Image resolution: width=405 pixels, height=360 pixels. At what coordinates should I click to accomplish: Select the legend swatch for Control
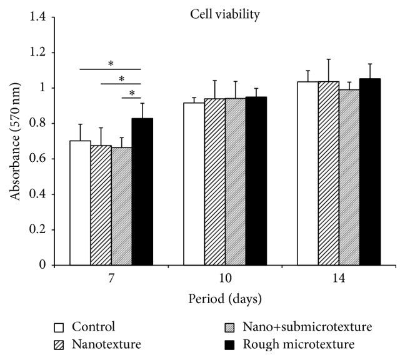click(x=58, y=327)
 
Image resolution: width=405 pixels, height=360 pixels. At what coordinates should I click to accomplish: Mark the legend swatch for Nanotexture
click(x=58, y=343)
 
